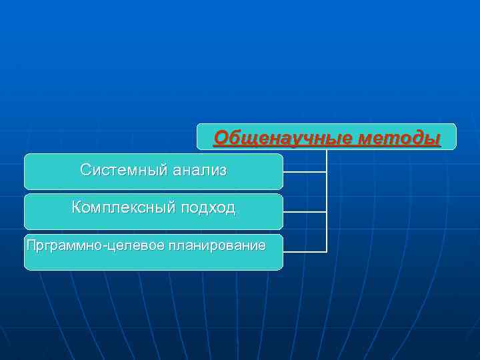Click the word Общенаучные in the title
[x=283, y=138]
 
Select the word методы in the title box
[x=399, y=138]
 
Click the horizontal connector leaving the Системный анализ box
[x=305, y=172]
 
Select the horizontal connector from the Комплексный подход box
[x=305, y=212]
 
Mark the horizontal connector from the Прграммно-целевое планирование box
[x=305, y=252]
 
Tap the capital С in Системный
[x=85, y=170]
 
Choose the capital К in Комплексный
[x=77, y=207]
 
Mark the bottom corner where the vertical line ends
[x=327, y=252]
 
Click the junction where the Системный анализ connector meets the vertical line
[x=327, y=172]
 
